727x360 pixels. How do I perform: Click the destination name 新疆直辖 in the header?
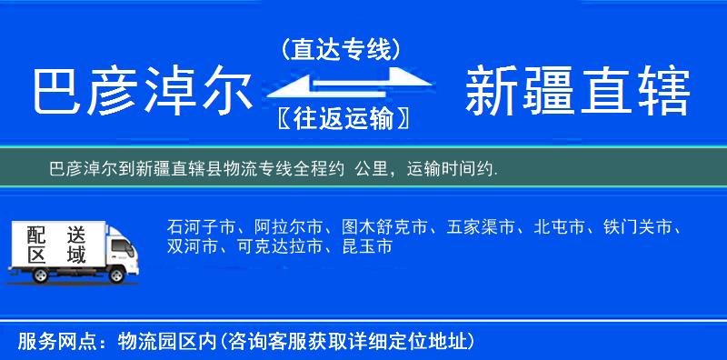(x=578, y=93)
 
